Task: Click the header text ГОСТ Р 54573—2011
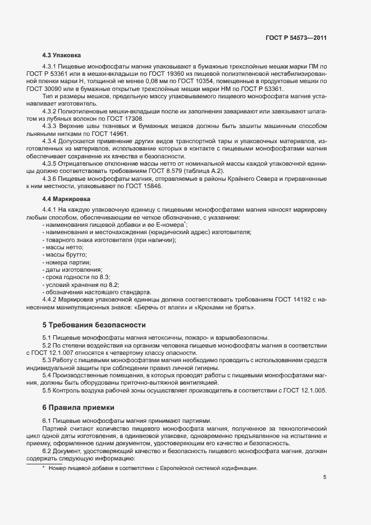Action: [296, 38]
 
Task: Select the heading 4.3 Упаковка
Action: [62, 56]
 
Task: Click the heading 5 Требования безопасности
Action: [86, 325]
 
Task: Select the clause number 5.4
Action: [47, 375]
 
